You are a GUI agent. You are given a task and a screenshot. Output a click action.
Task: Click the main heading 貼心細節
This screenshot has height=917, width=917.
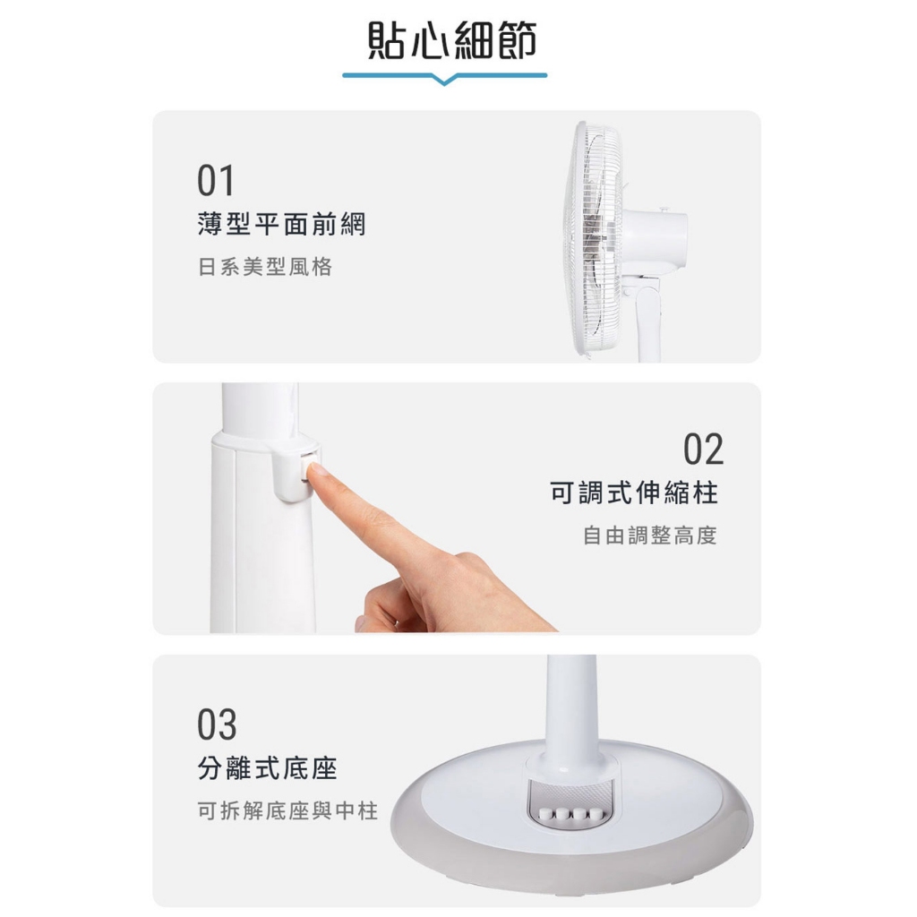click(x=451, y=41)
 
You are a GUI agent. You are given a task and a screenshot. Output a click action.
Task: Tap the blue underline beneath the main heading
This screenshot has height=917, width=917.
click(x=444, y=76)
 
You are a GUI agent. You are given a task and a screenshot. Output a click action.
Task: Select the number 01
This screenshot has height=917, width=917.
click(x=216, y=181)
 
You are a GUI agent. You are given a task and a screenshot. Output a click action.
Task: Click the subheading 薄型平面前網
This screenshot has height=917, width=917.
click(x=281, y=225)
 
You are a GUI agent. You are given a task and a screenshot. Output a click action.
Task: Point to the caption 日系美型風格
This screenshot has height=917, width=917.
click(x=265, y=267)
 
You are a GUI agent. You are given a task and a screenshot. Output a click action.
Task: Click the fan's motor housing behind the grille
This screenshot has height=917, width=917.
click(x=655, y=238)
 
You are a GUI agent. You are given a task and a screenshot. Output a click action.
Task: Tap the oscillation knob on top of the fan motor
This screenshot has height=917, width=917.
click(x=664, y=208)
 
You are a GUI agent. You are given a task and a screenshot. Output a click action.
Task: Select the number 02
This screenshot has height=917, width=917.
click(x=704, y=450)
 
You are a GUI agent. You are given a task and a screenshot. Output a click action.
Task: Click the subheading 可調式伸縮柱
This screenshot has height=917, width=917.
click(x=634, y=493)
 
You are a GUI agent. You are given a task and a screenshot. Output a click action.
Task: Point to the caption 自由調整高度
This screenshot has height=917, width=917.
click(x=650, y=536)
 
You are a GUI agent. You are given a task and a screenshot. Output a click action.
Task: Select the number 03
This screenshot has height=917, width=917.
click(x=217, y=724)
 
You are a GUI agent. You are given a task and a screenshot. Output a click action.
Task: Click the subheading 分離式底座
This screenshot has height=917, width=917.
click(x=267, y=768)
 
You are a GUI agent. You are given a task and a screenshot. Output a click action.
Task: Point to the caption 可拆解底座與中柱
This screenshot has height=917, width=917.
click(x=287, y=810)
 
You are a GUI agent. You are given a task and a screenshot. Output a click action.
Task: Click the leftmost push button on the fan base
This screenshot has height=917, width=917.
click(x=547, y=813)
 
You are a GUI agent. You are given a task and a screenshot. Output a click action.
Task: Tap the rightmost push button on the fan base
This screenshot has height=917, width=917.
click(x=595, y=813)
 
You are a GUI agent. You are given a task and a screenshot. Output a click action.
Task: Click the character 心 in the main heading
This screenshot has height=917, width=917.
click(x=431, y=41)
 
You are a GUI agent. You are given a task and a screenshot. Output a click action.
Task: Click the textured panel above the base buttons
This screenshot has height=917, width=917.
click(x=570, y=794)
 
